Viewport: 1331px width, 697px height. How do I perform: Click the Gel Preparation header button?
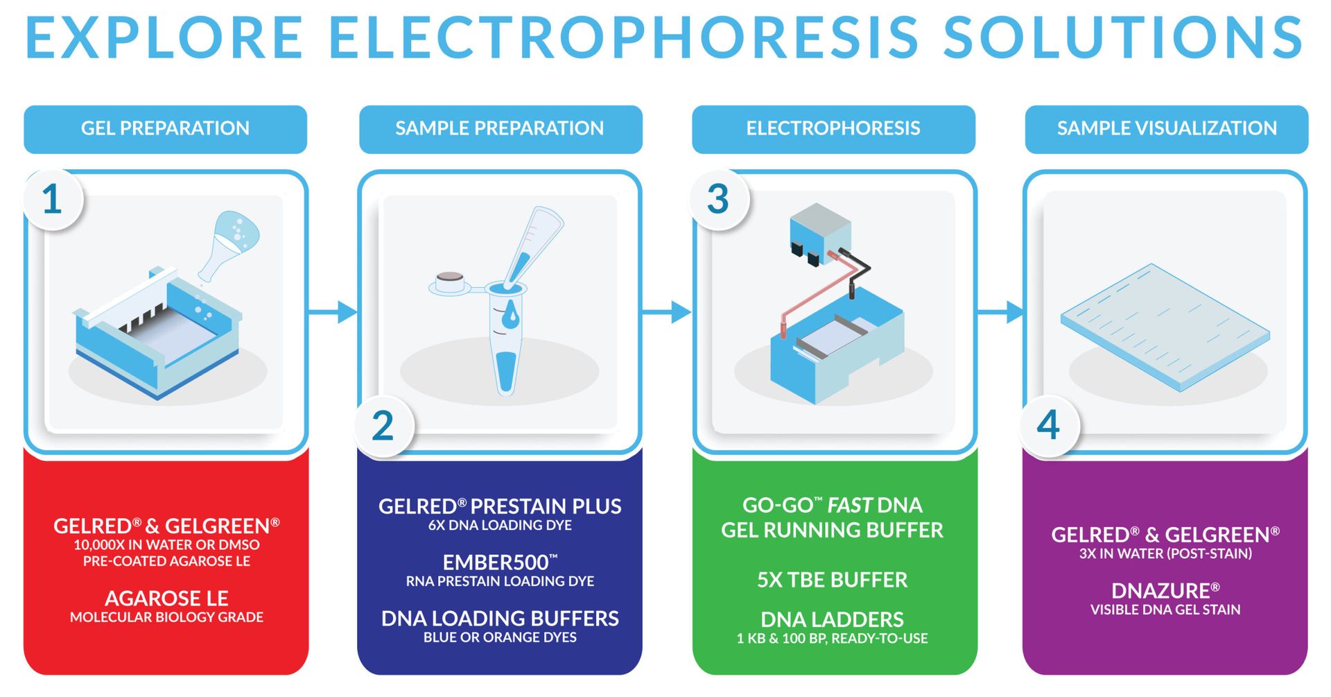(165, 129)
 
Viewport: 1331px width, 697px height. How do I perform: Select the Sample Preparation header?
(500, 129)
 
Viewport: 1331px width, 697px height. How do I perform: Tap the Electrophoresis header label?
(833, 129)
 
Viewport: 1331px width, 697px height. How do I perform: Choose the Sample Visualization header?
(1167, 129)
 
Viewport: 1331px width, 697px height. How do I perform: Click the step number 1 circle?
(53, 200)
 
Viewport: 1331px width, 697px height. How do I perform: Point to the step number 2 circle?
(383, 426)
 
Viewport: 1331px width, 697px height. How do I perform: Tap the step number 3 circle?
(718, 200)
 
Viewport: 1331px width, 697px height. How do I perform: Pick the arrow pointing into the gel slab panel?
(1000, 312)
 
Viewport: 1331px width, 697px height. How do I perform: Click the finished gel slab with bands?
(1165, 326)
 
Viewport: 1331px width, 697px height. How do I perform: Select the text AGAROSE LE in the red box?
(166, 598)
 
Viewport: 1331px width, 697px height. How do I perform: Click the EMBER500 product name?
(499, 562)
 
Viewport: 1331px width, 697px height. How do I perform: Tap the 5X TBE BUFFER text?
(832, 580)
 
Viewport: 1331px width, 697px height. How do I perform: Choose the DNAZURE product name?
(1165, 591)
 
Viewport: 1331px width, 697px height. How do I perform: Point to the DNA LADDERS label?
(832, 619)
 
